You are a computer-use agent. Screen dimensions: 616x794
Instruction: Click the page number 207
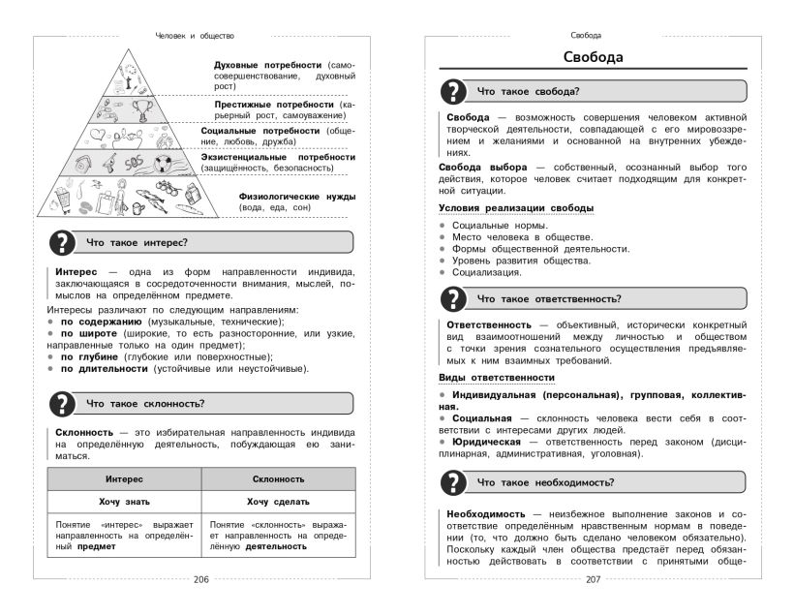pos(594,580)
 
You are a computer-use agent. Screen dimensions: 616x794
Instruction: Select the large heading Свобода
pos(594,57)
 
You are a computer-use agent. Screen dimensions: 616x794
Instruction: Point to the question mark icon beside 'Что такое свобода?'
pos(454,91)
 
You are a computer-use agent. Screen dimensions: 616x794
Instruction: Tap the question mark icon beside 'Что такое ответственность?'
pos(454,298)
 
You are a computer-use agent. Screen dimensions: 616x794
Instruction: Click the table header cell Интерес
pos(124,478)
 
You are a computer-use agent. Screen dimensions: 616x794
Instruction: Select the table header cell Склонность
pos(278,478)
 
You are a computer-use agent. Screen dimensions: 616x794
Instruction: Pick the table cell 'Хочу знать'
pos(124,502)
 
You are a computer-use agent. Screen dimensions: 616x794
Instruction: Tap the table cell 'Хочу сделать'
pos(278,502)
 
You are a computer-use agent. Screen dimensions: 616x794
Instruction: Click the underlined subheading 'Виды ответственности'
pos(497,377)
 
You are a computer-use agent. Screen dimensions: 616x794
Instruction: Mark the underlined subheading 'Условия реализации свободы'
pos(516,208)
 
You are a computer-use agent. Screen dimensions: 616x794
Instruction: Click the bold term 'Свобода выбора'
pos(482,167)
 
